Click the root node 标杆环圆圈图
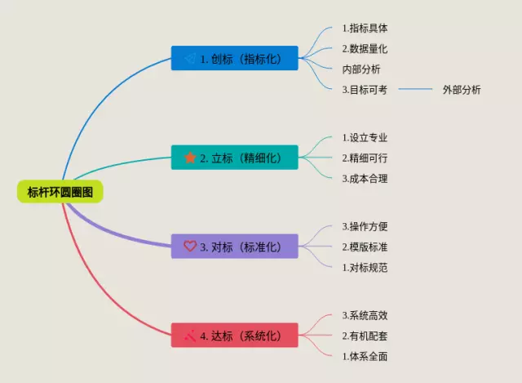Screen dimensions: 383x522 [60, 192]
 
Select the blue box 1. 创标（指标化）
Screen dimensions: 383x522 [235, 58]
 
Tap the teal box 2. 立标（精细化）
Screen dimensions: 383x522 [235, 158]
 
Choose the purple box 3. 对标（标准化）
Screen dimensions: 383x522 [235, 247]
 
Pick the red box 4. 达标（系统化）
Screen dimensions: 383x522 [235, 336]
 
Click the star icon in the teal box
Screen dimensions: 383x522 [190, 158]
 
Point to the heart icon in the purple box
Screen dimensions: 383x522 [190, 246]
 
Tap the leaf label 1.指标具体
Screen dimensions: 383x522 [365, 29]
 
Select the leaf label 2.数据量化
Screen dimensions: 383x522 [365, 49]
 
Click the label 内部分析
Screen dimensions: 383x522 [361, 69]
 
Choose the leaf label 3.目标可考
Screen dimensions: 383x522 [365, 90]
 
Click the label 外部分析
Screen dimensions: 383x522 [462, 90]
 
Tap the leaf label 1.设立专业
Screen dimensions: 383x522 [365, 137]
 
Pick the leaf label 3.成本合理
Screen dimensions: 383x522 [365, 178]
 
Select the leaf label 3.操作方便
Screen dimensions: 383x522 [365, 226]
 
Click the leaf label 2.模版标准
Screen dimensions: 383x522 [365, 247]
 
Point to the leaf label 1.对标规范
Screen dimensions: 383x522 [365, 267]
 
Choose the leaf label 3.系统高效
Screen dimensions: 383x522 [365, 315]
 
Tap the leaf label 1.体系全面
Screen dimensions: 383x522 [365, 356]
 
